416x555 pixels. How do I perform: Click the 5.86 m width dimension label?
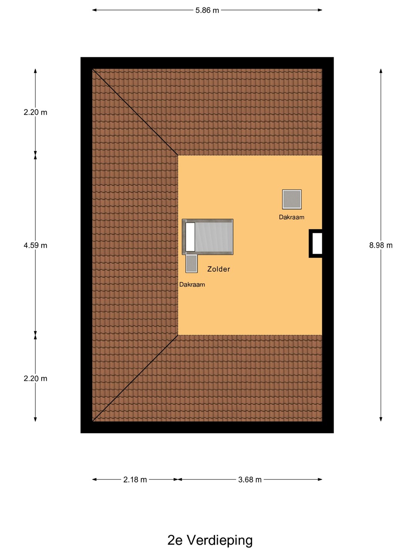[207, 10]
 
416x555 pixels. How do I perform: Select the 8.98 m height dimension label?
[381, 245]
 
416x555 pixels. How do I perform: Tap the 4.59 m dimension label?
[35, 245]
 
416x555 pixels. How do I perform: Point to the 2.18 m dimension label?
[135, 480]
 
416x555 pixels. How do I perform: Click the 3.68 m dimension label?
[250, 480]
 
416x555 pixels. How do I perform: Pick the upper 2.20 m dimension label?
[35, 112]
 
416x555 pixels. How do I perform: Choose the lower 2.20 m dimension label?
[35, 378]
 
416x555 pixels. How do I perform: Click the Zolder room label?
[218, 269]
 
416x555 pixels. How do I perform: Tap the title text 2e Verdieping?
[210, 540]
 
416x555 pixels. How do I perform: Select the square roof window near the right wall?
[292, 200]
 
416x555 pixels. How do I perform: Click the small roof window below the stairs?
[191, 264]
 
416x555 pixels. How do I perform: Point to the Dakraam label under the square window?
[292, 217]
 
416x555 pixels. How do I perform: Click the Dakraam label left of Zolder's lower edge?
[192, 284]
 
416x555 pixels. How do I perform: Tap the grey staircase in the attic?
[208, 237]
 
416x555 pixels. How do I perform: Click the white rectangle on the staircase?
[190, 237]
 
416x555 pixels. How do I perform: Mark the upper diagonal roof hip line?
[135, 112]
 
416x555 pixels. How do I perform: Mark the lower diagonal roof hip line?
[135, 378]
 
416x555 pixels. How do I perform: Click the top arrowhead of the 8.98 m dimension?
[381, 71]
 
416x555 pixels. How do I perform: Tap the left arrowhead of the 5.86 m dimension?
[94, 10]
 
